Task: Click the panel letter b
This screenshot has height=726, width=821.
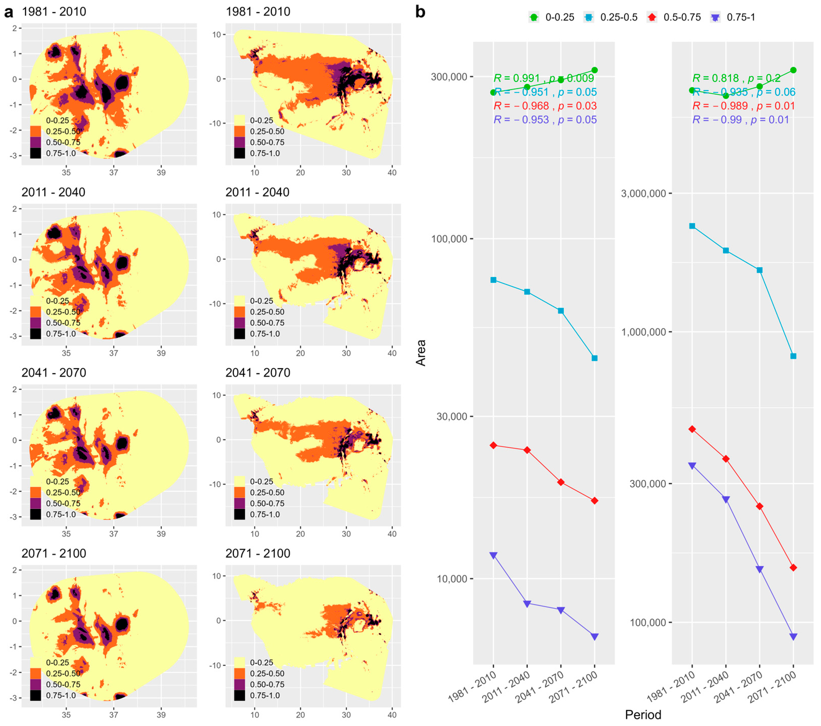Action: (x=420, y=12)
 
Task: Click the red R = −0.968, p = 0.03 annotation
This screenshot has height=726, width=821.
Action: (x=545, y=106)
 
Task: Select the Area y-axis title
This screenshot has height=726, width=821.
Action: (x=421, y=353)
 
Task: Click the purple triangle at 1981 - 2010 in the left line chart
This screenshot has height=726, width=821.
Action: (x=494, y=555)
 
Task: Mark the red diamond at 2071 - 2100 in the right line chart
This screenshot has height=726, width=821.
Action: (x=793, y=568)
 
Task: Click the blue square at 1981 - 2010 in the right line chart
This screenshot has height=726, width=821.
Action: (x=692, y=226)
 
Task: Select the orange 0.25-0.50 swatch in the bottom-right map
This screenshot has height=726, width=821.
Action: (x=239, y=673)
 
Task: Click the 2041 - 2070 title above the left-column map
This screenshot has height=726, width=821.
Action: (x=54, y=373)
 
